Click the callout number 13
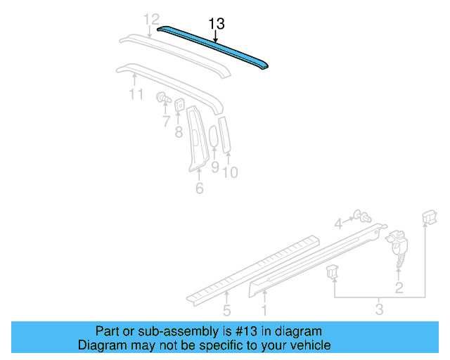pyautogui.click(x=217, y=23)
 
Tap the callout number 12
pyautogui.click(x=151, y=20)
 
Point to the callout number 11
pyautogui.click(x=136, y=94)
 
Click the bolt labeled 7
pyautogui.click(x=163, y=98)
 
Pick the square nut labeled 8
pyautogui.click(x=179, y=105)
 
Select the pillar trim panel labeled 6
pyautogui.click(x=198, y=139)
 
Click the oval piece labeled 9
pyautogui.click(x=214, y=136)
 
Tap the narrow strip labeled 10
pyautogui.click(x=225, y=134)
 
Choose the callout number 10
pyautogui.click(x=230, y=172)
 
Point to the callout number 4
pyautogui.click(x=339, y=224)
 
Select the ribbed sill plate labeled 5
pyautogui.click(x=252, y=269)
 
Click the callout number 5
pyautogui.click(x=226, y=311)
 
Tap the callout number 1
pyautogui.click(x=264, y=311)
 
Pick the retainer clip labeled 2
pyautogui.click(x=397, y=247)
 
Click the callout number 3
pyautogui.click(x=379, y=309)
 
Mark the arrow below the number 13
pyautogui.click(x=216, y=37)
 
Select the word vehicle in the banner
pyautogui.click(x=313, y=345)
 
